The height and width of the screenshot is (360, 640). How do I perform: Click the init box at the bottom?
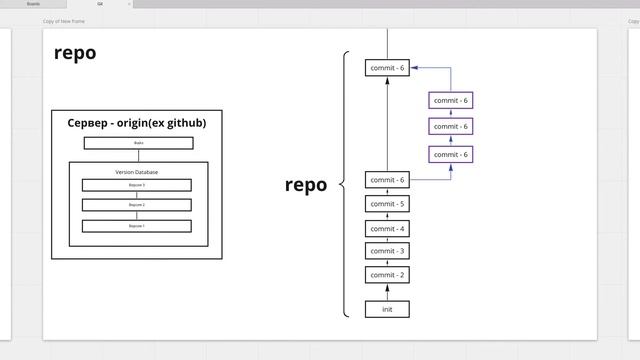387,309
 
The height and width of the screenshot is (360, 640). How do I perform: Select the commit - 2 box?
387,275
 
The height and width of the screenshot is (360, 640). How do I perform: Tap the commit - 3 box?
387,251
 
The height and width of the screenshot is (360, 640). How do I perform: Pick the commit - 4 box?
387,228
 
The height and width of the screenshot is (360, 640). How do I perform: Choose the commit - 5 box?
387,204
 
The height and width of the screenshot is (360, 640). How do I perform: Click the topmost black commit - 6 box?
387,68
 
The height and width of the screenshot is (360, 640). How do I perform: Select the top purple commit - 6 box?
451,100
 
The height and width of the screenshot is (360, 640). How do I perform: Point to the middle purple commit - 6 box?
451,126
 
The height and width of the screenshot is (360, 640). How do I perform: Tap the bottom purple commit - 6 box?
451,154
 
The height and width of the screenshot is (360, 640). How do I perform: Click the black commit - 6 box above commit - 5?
387,180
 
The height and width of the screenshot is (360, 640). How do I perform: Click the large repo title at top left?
75,53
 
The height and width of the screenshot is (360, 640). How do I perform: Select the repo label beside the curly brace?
305,184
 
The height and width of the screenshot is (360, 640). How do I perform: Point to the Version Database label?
136,172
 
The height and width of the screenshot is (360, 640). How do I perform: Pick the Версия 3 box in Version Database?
136,185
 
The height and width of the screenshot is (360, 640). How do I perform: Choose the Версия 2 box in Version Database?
136,205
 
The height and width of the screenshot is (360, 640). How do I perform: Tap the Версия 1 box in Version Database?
136,226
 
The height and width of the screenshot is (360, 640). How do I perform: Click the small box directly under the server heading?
138,143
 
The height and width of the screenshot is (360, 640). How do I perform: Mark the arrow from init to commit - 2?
387,292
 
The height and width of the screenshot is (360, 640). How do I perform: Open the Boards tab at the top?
33,4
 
